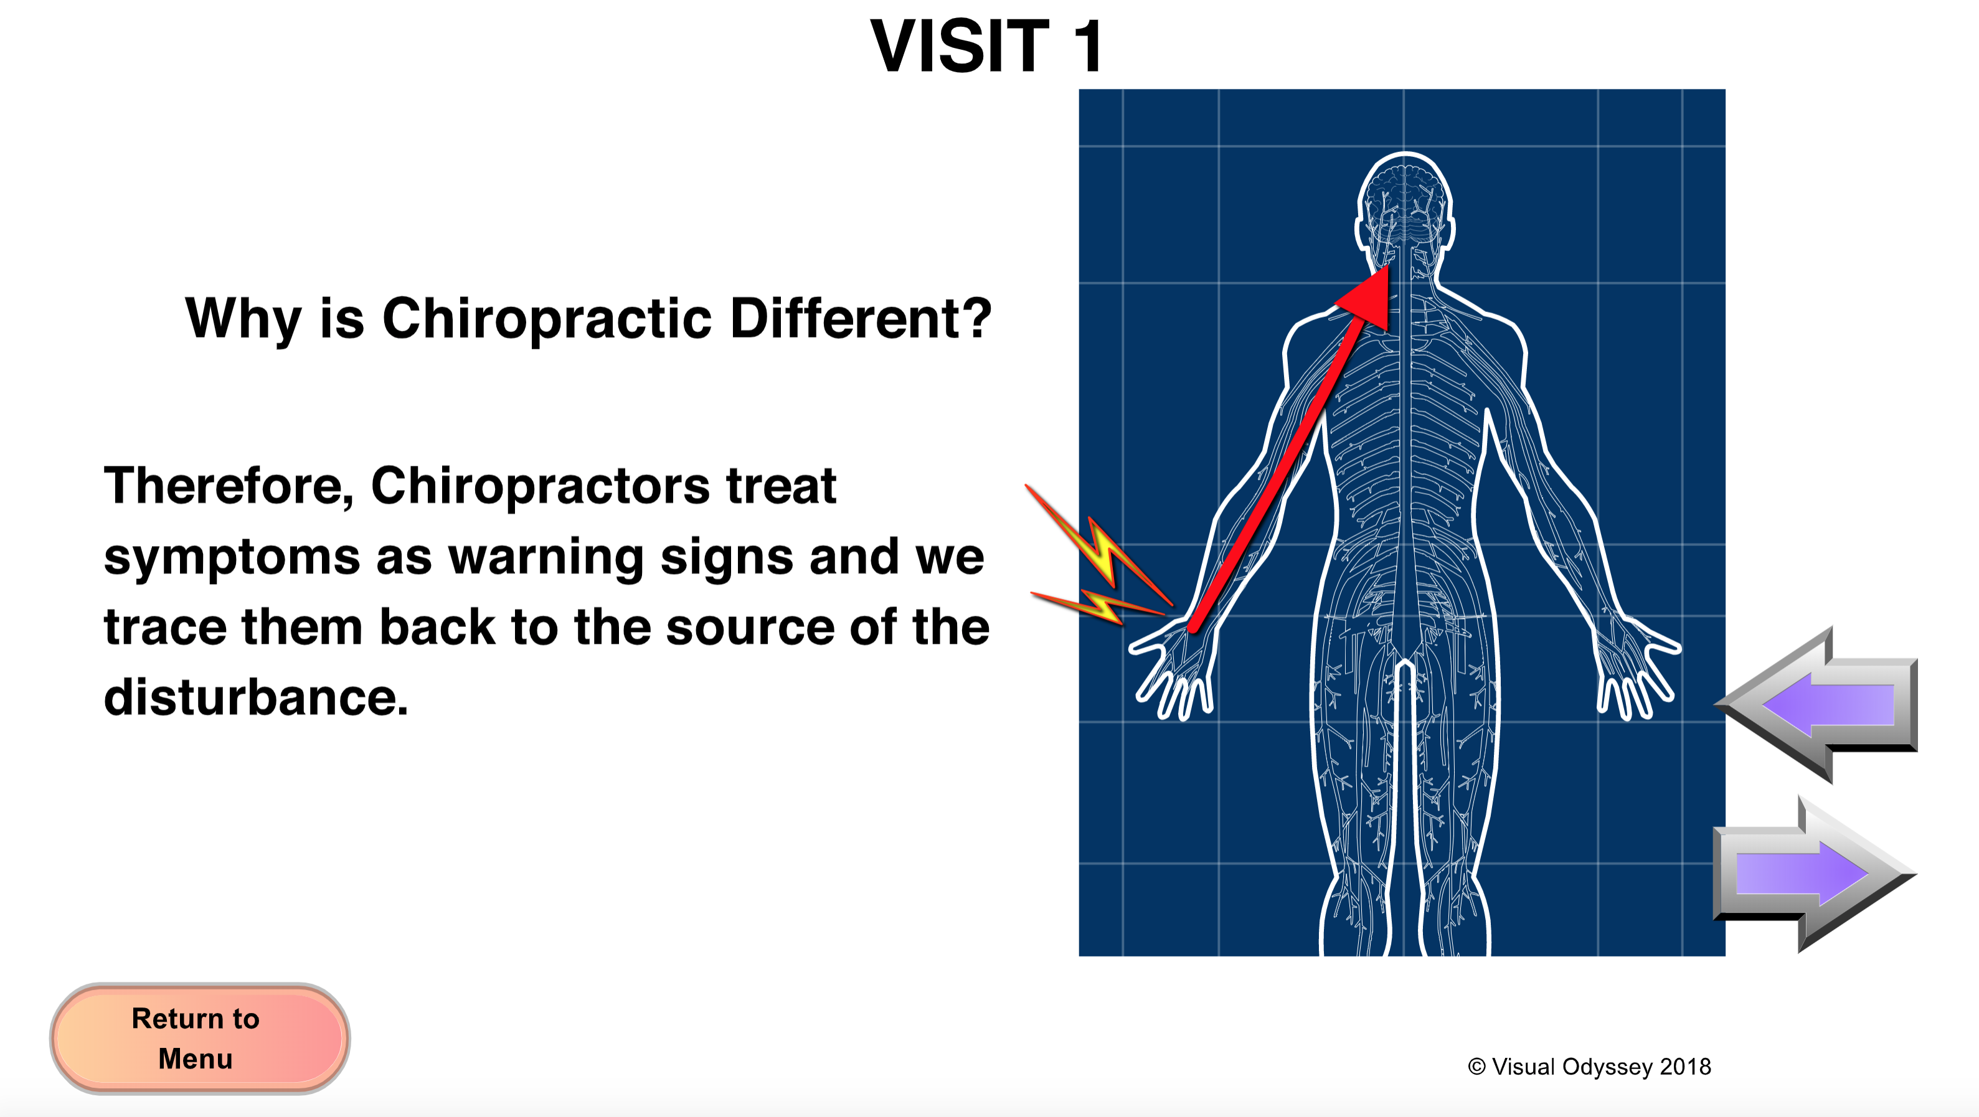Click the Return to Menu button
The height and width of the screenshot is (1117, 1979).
coord(200,1038)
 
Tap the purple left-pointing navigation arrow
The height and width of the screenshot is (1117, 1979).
coord(1817,704)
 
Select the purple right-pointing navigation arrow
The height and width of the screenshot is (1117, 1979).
coord(1815,874)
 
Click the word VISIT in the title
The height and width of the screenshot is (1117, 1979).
coord(960,46)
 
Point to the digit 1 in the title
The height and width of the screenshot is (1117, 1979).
coord(1087,46)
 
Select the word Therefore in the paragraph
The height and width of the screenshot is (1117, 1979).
coord(228,487)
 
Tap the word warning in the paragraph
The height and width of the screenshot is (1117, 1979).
coord(546,559)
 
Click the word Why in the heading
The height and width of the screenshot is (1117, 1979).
coord(243,319)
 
